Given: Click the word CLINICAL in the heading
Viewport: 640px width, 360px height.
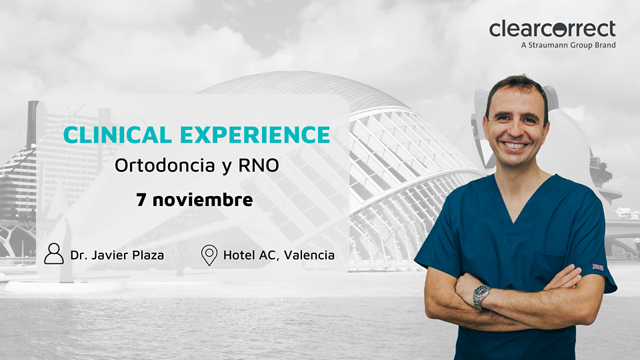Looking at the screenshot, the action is click(x=117, y=135).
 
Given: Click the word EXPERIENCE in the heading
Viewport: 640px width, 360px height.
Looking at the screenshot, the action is click(x=255, y=135).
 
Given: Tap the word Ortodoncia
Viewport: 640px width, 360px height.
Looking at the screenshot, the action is click(x=165, y=165).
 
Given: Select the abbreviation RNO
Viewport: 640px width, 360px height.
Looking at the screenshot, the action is click(x=259, y=165).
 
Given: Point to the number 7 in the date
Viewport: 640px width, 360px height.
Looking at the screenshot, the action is click(x=141, y=199).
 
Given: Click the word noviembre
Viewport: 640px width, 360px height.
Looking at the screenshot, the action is click(x=203, y=199).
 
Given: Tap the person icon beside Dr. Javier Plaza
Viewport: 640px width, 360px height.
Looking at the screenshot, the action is click(x=54, y=254).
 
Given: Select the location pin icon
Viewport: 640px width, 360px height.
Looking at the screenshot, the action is click(x=209, y=255).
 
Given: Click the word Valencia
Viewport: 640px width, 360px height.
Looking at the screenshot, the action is click(x=309, y=255).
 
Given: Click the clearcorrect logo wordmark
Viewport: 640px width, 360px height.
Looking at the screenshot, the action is click(x=552, y=29).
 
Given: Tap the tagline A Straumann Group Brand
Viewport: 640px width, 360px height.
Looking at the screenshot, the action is click(x=568, y=45).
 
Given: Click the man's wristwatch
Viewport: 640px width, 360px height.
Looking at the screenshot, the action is click(x=482, y=295).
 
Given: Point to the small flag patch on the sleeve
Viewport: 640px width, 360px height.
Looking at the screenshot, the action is click(x=598, y=267).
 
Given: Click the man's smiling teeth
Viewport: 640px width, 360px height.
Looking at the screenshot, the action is click(x=515, y=145).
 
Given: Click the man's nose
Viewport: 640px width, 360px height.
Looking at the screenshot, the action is click(x=516, y=129).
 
